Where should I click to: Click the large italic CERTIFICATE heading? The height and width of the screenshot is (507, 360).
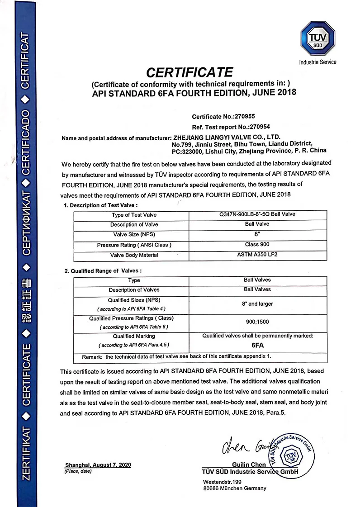[189, 72]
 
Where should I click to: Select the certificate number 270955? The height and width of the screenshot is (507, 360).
[250, 116]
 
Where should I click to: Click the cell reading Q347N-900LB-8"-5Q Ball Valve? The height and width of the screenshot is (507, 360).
[257, 214]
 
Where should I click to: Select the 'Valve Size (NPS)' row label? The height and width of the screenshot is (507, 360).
[134, 235]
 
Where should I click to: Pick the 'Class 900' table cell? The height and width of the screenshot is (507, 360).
[257, 245]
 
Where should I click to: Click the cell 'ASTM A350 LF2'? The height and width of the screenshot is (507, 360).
[257, 255]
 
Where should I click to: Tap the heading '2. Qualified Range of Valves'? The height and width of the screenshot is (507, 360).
[103, 270]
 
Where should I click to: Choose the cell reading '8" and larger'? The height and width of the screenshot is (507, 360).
[257, 304]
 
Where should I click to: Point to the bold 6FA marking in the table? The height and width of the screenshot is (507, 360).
[257, 345]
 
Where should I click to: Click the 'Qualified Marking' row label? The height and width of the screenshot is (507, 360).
[134, 336]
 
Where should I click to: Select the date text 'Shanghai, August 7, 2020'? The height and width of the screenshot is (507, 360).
[98, 465]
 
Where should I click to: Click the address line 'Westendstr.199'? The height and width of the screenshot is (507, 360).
[223, 482]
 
